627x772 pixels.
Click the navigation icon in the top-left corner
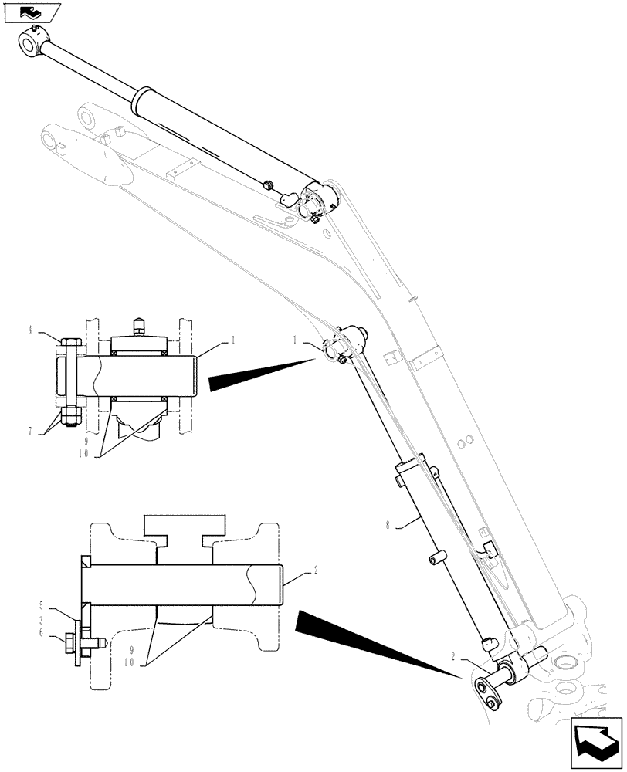(31, 12)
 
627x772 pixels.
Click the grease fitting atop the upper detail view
(139, 326)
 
